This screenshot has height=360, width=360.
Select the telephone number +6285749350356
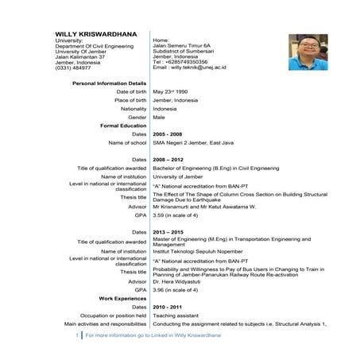pyautogui.click(x=185, y=62)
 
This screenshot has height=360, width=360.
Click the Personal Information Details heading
pyautogui.click(x=109, y=83)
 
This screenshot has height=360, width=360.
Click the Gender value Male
pyautogui.click(x=159, y=118)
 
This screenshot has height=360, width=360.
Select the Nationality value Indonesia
pyautogui.click(x=165, y=109)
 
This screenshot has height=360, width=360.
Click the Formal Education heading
pyautogui.click(x=123, y=126)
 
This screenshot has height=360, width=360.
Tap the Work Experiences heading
pyautogui.click(x=122, y=298)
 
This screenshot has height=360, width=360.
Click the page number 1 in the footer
pyautogui.click(x=77, y=336)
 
